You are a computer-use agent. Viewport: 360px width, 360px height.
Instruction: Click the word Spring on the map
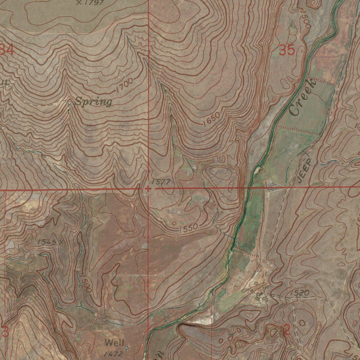click(94, 102)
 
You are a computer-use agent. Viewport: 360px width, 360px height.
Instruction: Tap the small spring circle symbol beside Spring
click(69, 103)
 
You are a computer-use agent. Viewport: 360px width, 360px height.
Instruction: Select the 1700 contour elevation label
click(124, 85)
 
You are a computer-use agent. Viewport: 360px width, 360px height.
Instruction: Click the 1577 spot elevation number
click(161, 182)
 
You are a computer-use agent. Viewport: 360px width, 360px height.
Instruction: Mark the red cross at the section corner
click(148, 189)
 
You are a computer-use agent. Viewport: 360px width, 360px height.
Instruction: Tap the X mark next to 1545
click(61, 242)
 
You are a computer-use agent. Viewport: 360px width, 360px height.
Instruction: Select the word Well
click(114, 342)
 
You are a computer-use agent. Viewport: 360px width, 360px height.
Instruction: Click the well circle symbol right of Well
click(127, 347)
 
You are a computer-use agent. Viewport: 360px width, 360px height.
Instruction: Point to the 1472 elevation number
click(113, 354)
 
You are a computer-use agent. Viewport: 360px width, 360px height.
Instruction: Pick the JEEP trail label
click(304, 171)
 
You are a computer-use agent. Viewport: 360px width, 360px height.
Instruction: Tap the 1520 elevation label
click(300, 292)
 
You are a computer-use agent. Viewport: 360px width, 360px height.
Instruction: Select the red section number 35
click(287, 50)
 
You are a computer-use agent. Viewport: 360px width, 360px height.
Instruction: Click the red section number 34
click(7, 50)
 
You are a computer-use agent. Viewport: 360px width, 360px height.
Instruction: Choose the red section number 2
click(287, 330)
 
